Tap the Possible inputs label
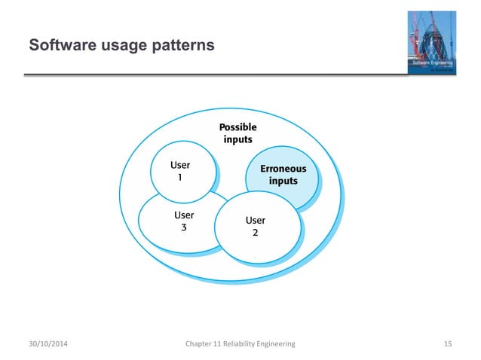click(x=237, y=133)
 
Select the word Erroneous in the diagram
click(x=283, y=169)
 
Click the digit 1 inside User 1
click(x=179, y=178)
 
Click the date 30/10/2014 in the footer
click(x=47, y=343)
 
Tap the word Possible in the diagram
click(x=237, y=127)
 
